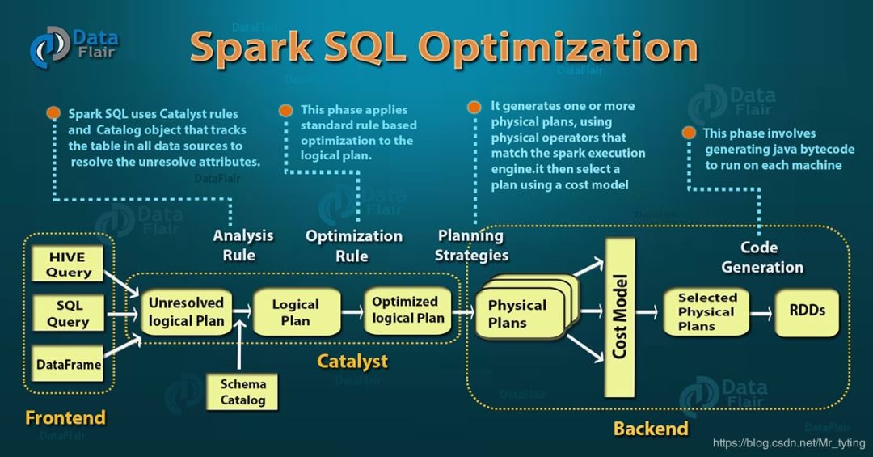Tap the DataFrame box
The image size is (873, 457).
point(70,364)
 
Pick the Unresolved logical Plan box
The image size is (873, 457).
point(186,311)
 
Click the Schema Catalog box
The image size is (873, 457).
point(242,391)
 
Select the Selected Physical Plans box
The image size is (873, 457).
point(707,312)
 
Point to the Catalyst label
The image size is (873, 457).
point(352,361)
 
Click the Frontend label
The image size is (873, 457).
point(65,417)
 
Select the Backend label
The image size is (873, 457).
point(651,428)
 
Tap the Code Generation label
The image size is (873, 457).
point(762,257)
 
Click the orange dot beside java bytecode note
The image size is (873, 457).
point(689,133)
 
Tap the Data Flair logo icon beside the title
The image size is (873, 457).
point(48,46)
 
